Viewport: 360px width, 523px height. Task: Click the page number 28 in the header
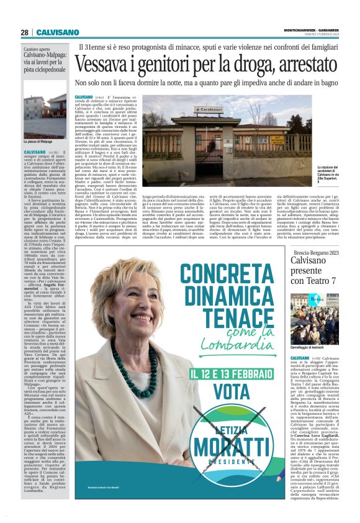[25, 32]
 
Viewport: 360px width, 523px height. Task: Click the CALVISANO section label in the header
[57, 32]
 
